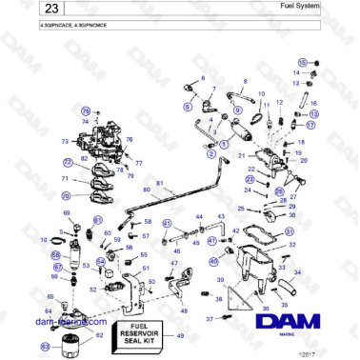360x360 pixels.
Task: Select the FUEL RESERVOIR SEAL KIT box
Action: [138, 334]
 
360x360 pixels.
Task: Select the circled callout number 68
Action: [55, 254]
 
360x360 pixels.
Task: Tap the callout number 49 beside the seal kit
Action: [180, 334]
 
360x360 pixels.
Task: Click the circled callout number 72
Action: [67, 163]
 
